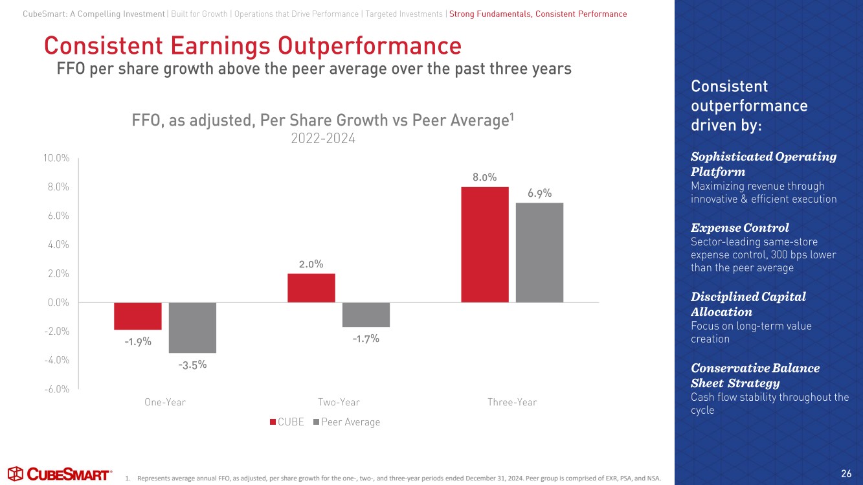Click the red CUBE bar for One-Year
pos(138,316)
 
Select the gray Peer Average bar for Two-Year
pos(366,315)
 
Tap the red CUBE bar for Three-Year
pos(485,244)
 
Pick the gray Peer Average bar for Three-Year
pos(539,252)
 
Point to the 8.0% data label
pos(484,177)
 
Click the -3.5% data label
pos(192,365)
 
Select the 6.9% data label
pos(539,193)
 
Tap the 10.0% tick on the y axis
pos(56,158)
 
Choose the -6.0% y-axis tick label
pos(56,389)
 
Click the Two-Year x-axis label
pos(339,402)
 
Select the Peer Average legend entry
pos(346,422)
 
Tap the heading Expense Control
pos(739,228)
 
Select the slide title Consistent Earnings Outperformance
pos(252,46)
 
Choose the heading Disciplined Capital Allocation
pos(748,304)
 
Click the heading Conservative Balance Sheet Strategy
pos(755,376)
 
